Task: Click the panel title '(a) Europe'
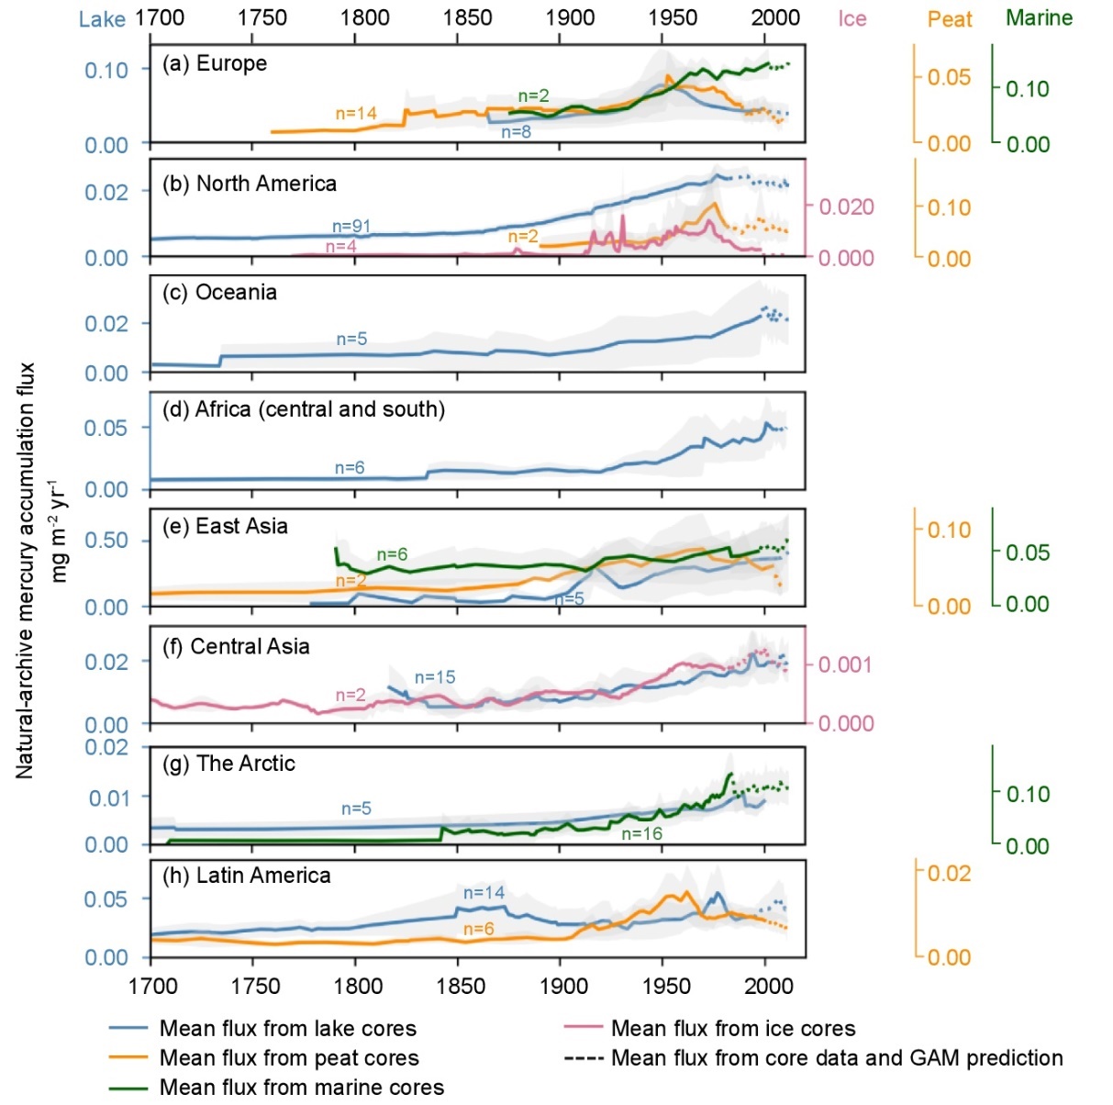tap(215, 64)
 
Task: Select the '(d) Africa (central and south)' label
tap(304, 409)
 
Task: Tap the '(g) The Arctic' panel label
tap(228, 764)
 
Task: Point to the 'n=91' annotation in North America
tap(351, 227)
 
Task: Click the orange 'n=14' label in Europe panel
tap(356, 114)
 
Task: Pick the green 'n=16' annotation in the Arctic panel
tap(641, 833)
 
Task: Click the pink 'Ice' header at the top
tap(851, 19)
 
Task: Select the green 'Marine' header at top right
tap(1039, 17)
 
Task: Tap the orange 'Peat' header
tap(949, 19)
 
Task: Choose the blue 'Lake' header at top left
tap(102, 19)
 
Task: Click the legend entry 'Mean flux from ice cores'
tap(732, 1028)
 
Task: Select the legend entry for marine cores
tap(301, 1087)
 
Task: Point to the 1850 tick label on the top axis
tap(467, 17)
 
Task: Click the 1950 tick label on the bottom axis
tap(666, 986)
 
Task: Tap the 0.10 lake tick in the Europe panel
tap(106, 70)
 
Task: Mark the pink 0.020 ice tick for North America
tap(845, 207)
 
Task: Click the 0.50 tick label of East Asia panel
tap(106, 541)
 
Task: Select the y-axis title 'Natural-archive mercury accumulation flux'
tap(25, 569)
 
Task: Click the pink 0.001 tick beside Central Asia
tap(845, 664)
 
